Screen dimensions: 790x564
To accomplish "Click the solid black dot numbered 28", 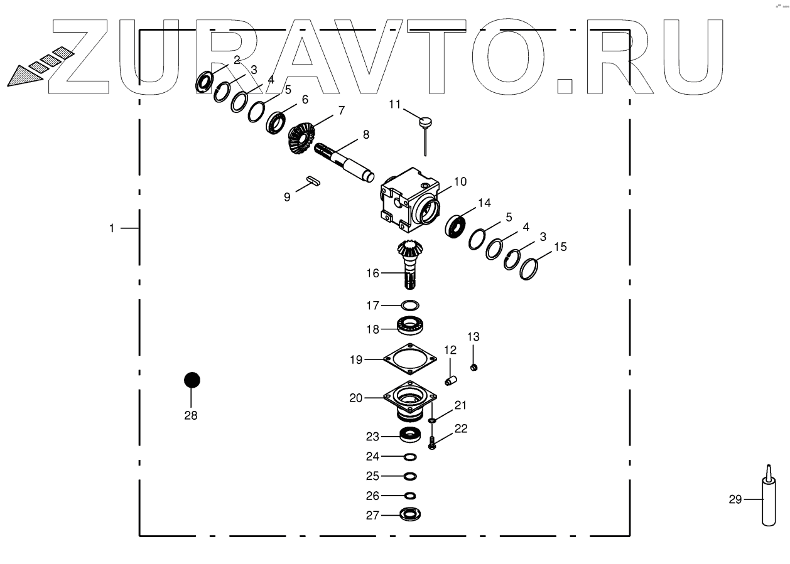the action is tap(192, 380).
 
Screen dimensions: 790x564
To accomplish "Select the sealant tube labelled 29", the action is tap(767, 501).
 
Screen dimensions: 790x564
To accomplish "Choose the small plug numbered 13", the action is tap(475, 366).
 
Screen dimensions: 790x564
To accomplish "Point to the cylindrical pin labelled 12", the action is tap(450, 380).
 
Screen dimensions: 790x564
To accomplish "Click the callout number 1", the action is tap(112, 228).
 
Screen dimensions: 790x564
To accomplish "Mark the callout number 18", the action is tap(372, 329).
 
